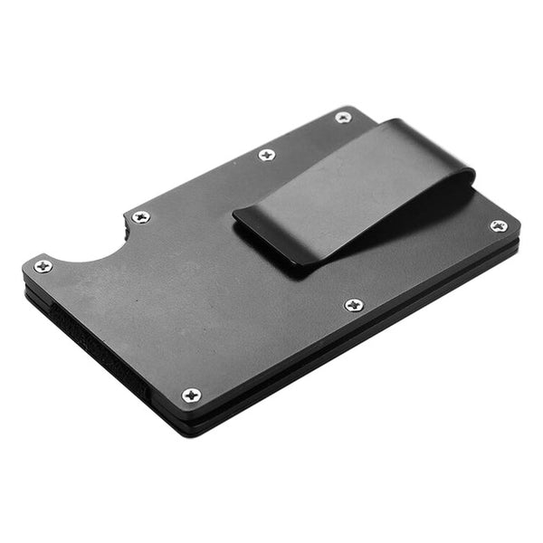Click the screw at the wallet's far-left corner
pyautogui.click(x=43, y=265)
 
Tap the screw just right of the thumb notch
pyautogui.click(x=140, y=216)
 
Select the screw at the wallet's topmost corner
pyautogui.click(x=343, y=117)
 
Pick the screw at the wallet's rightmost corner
pyautogui.click(x=498, y=225)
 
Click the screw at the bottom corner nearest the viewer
pyautogui.click(x=191, y=395)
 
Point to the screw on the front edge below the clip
pyautogui.click(x=354, y=305)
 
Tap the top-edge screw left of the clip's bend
pyautogui.click(x=266, y=155)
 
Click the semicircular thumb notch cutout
pyautogui.click(x=90, y=244)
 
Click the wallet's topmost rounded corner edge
pyautogui.click(x=357, y=109)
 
